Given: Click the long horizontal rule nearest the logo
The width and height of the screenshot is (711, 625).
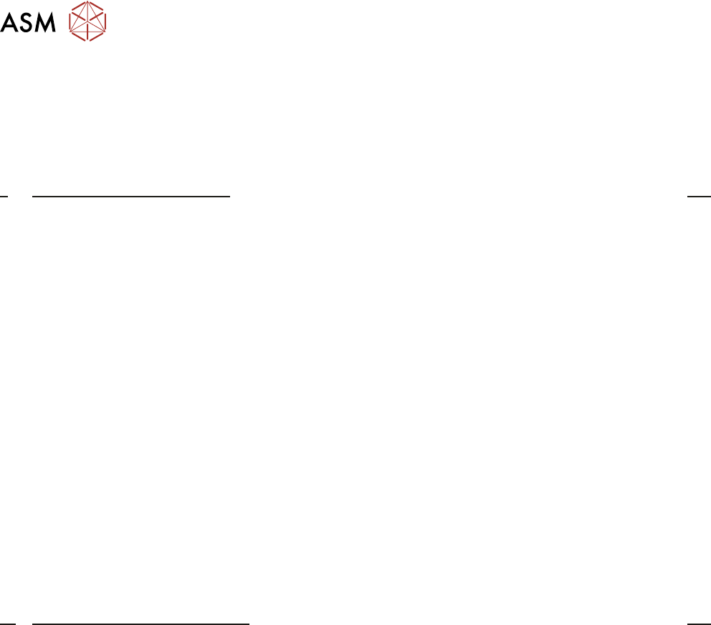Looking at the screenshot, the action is click(131, 195).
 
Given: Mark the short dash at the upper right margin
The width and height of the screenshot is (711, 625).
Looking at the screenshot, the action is click(699, 195).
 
